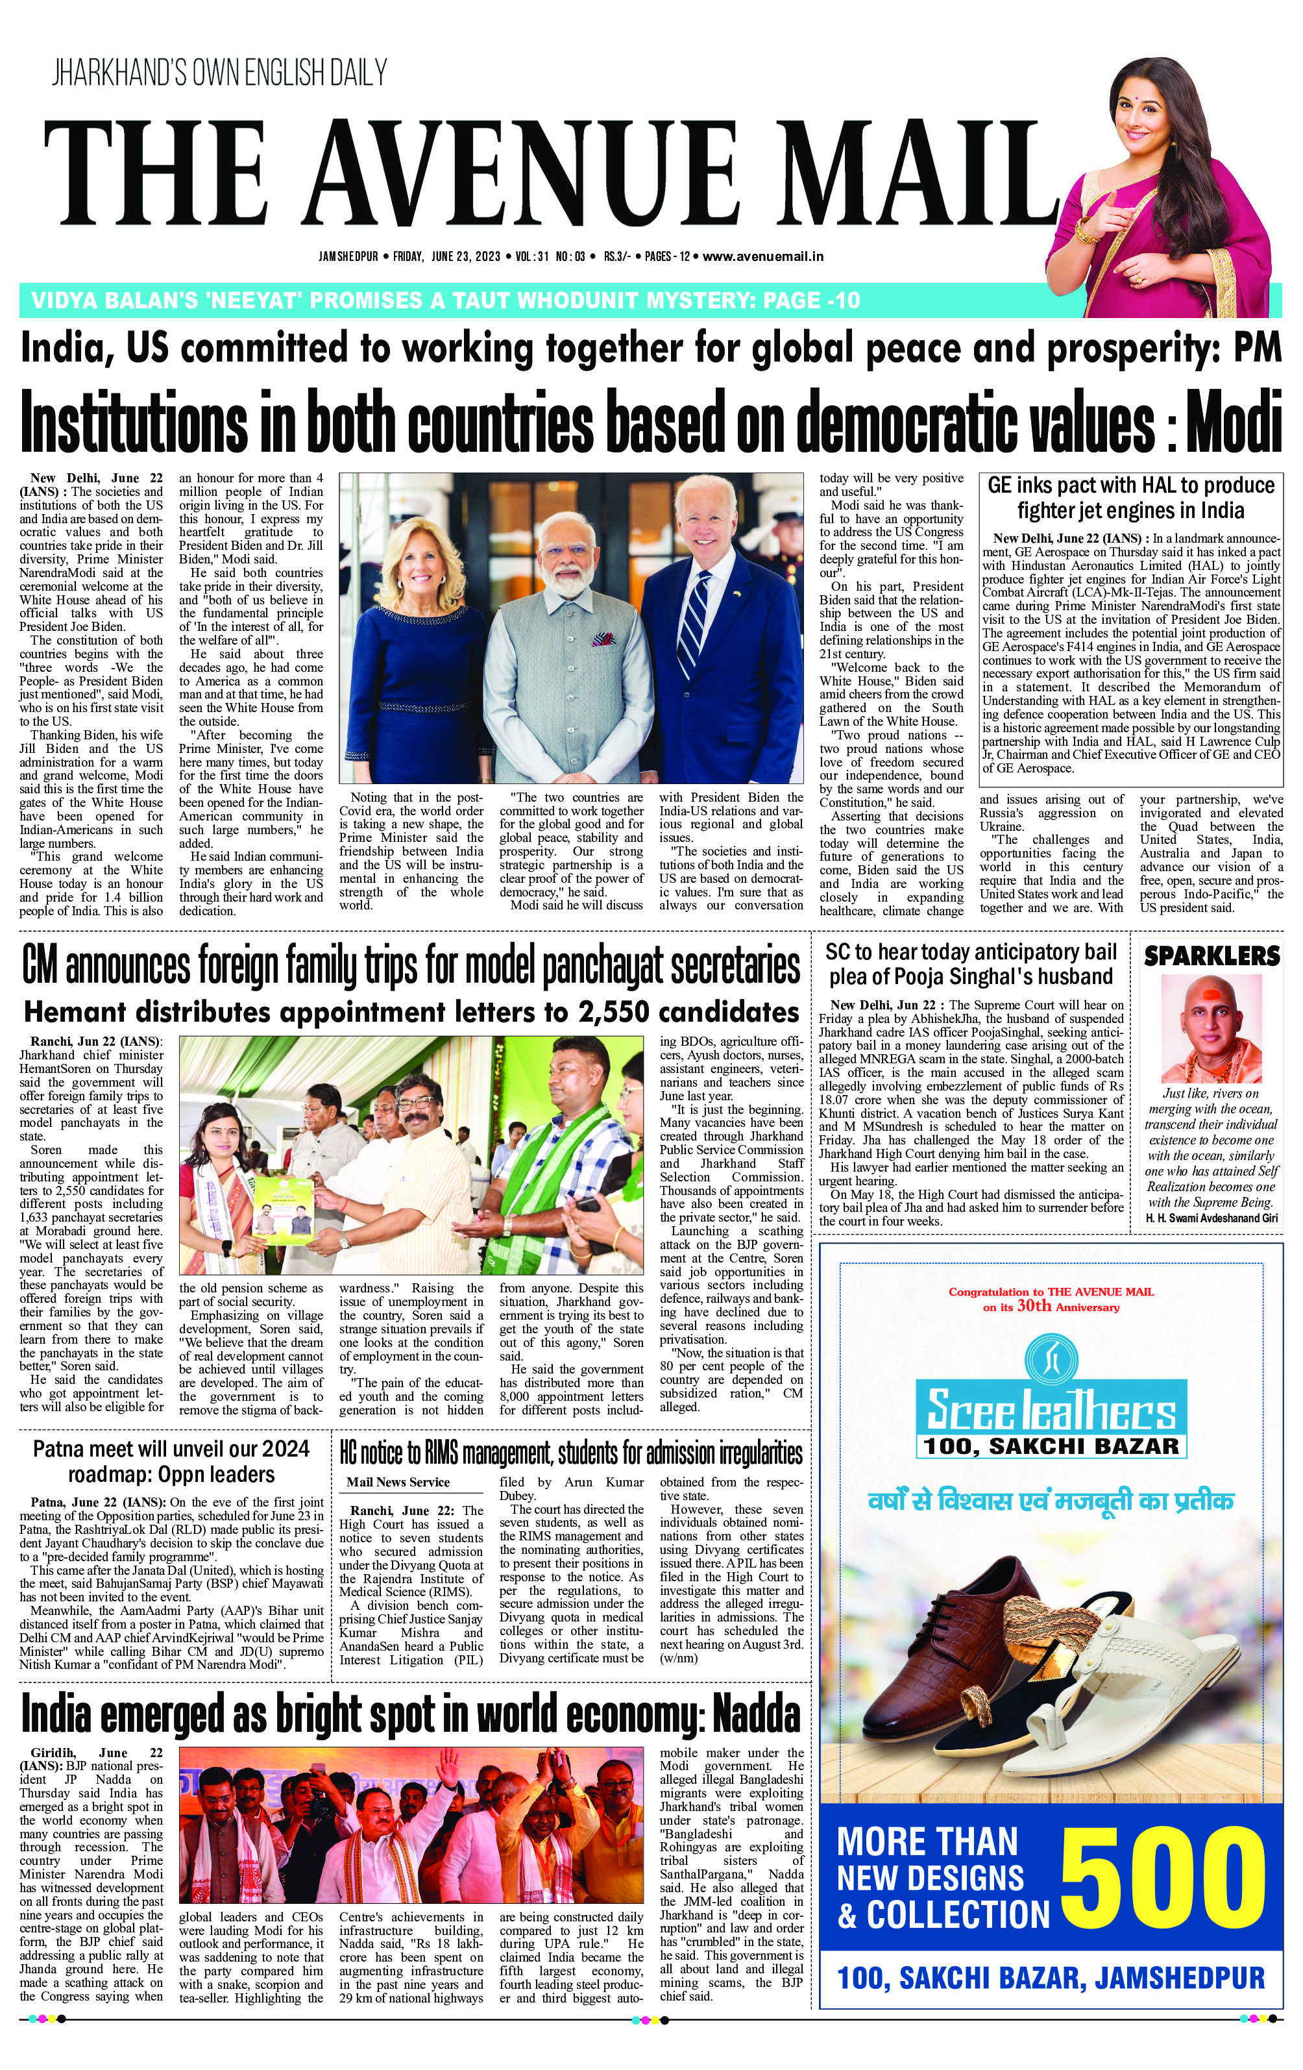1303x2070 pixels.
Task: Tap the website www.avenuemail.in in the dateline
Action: point(763,256)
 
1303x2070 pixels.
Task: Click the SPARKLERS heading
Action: point(1211,955)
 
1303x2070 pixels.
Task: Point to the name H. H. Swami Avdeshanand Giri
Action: point(1211,1218)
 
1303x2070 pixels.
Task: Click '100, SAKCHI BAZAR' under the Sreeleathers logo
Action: point(1051,1446)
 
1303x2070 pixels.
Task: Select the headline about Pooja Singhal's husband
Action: point(971,965)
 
